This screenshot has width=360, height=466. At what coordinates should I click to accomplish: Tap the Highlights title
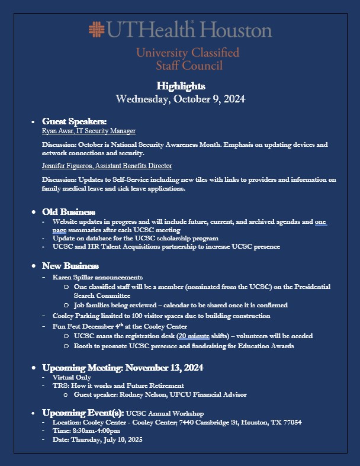click(181, 86)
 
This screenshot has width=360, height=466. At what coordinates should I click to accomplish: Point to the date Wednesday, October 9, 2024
click(180, 99)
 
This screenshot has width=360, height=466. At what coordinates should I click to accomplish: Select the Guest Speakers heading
click(74, 121)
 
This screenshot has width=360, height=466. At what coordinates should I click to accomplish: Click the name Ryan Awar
click(57, 131)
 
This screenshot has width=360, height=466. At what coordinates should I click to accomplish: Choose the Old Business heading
click(68, 211)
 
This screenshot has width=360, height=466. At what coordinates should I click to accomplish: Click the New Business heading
click(70, 266)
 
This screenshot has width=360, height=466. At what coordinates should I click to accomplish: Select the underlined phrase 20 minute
click(195, 336)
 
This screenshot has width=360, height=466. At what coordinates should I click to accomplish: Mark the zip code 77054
click(290, 422)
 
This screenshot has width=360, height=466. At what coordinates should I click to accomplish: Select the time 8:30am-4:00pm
click(99, 431)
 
